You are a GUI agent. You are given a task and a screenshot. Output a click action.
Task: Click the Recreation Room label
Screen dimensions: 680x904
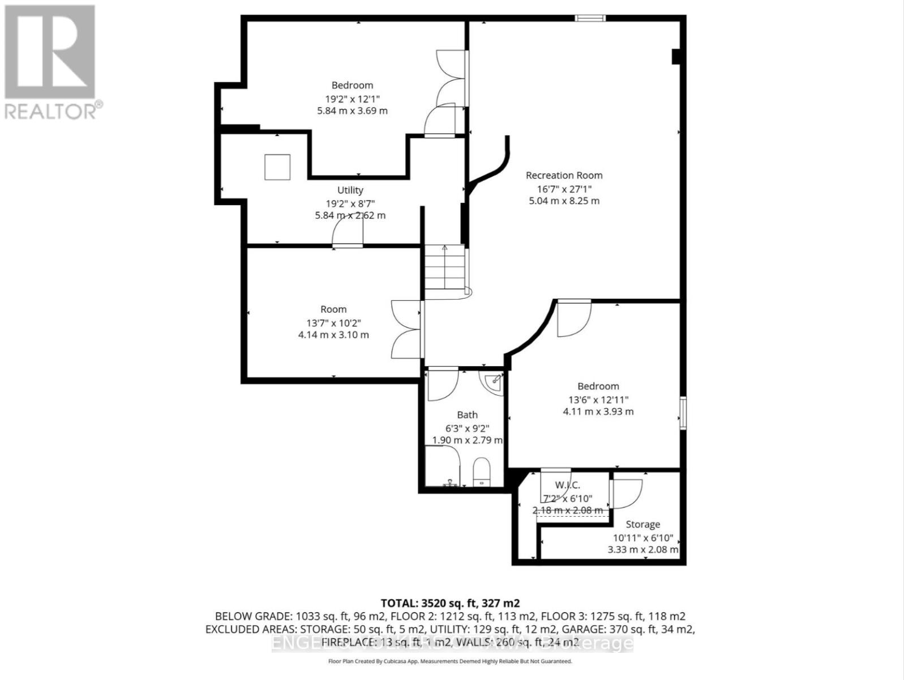point(564,176)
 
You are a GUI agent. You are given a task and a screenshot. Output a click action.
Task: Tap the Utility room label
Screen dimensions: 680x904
point(350,190)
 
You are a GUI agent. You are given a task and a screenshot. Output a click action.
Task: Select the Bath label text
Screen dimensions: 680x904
point(467,415)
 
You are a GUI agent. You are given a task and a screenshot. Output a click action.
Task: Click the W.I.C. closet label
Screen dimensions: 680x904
point(567,485)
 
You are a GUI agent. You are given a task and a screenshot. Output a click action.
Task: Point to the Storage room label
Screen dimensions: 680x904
point(642,525)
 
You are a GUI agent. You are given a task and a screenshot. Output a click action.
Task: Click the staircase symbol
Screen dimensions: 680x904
point(445,270)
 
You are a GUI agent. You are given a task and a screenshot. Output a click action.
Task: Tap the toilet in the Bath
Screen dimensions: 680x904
point(481,471)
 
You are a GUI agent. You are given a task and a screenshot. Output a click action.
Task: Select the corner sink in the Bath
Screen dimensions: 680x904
point(492,381)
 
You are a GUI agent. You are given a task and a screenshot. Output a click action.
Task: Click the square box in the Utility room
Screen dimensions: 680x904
point(277,167)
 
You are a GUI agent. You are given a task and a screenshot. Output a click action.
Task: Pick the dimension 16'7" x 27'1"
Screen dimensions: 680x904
point(564,188)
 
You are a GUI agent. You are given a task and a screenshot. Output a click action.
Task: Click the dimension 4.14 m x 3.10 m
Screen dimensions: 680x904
point(333,335)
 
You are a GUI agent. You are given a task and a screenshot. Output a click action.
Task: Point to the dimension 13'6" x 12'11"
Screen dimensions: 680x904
point(598,399)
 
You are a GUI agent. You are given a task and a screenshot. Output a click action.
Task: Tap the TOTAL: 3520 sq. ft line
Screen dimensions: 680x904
point(450,603)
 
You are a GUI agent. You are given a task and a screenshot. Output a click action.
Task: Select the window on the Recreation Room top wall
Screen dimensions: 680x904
point(590,18)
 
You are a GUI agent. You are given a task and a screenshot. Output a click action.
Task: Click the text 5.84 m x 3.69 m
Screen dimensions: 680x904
point(352,110)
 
